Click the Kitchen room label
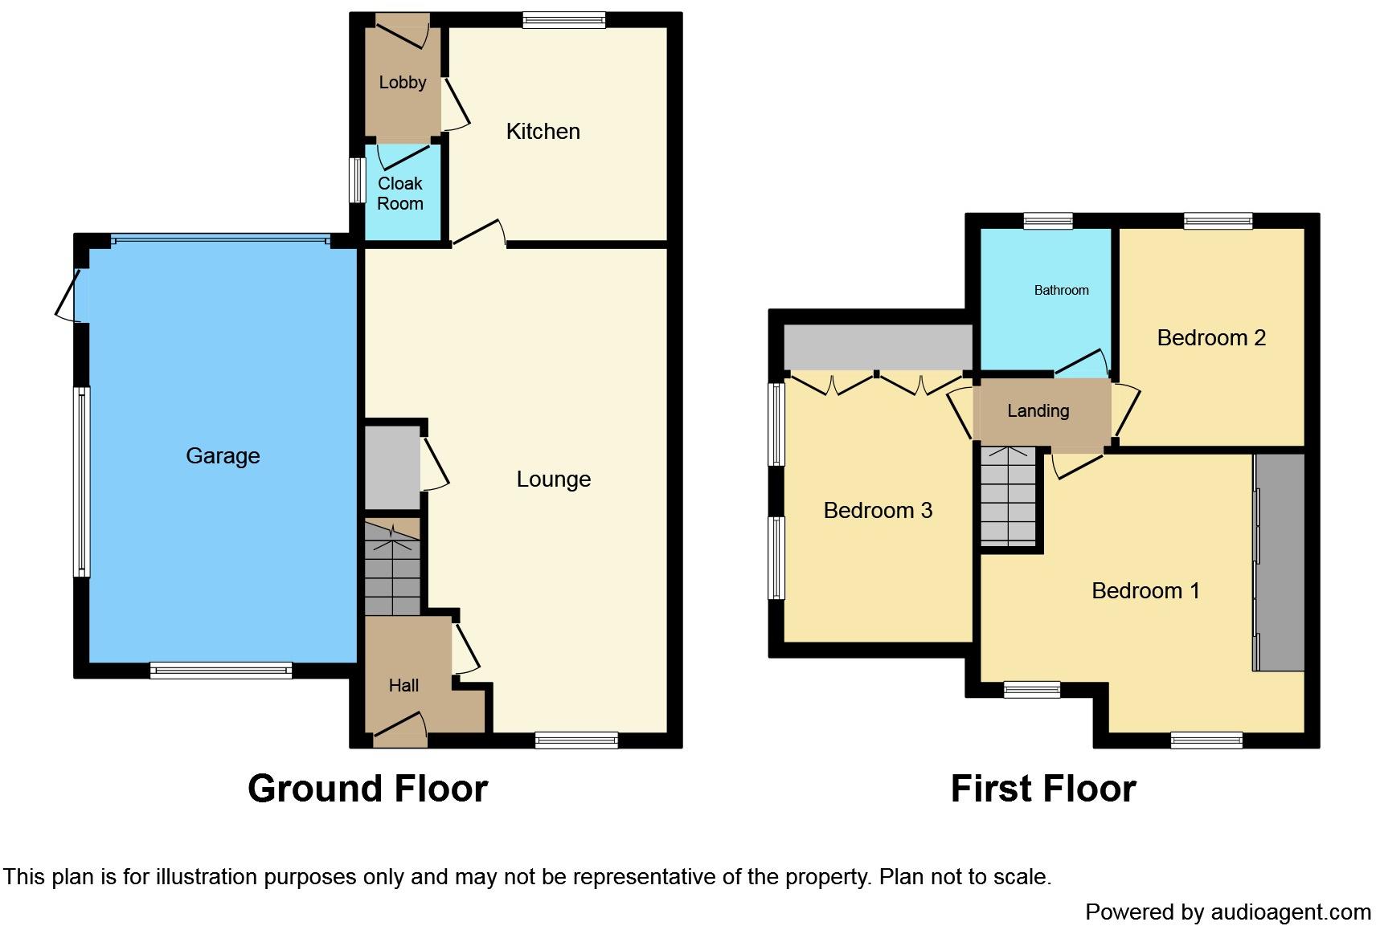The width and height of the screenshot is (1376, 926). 543,132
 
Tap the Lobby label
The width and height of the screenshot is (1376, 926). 403,82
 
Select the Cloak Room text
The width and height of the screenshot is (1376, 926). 400,194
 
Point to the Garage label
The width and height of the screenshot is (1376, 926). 223,456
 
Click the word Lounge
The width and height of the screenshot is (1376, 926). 554,479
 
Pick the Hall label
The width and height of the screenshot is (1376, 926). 403,685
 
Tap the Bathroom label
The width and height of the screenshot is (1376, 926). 1062,290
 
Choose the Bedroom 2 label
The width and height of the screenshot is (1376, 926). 1211,338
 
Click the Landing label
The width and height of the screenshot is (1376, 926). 1038,411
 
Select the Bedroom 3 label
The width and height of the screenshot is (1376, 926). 878,511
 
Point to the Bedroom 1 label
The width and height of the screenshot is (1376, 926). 1145,591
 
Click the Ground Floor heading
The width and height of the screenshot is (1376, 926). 368,789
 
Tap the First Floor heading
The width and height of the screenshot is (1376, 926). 1044,789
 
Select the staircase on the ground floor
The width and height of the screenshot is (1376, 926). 392,567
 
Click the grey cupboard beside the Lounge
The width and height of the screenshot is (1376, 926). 392,467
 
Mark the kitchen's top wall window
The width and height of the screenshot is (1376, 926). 564,21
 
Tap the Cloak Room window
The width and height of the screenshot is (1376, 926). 357,181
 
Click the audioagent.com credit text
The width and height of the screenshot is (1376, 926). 1228,912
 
